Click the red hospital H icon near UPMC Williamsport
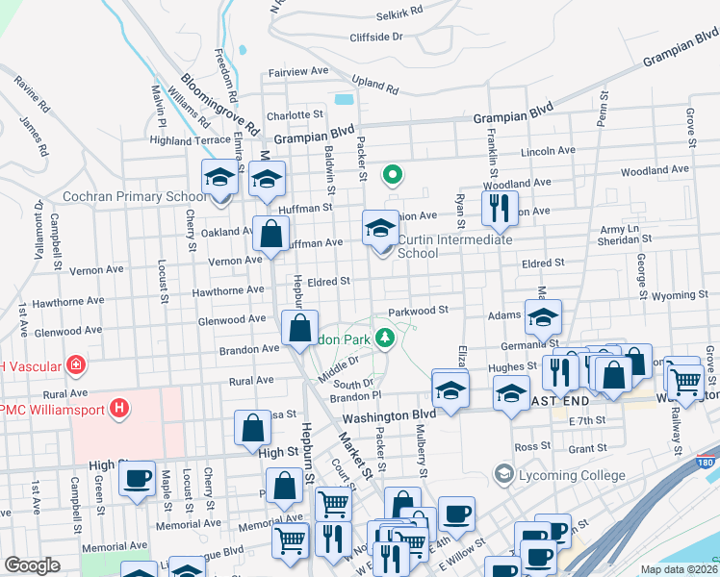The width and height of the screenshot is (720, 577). point(119,409)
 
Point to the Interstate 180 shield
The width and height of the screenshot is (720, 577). point(707,463)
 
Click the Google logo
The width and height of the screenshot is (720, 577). point(32,565)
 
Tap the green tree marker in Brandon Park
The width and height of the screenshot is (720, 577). point(385,338)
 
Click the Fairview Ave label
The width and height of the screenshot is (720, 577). point(299,72)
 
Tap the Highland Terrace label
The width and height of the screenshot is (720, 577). point(190,140)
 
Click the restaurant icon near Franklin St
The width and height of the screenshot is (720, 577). point(498,206)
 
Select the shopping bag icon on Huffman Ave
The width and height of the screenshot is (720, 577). point(271,232)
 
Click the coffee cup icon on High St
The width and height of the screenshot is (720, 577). point(138,477)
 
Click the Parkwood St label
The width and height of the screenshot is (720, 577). point(419,311)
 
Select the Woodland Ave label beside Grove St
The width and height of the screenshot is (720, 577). point(655,170)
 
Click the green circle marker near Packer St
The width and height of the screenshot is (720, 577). point(392,175)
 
